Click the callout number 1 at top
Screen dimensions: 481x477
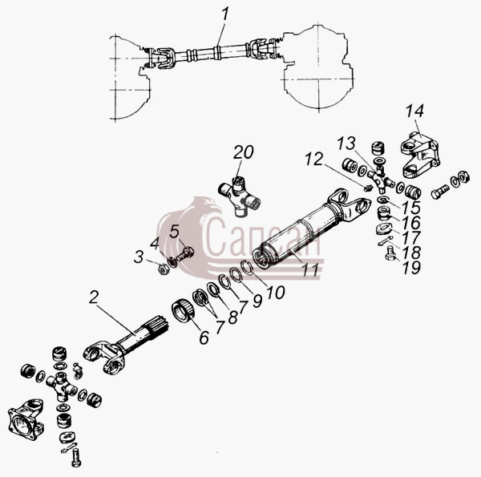(225, 14)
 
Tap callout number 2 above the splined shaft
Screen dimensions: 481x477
(94, 297)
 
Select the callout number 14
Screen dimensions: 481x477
(414, 111)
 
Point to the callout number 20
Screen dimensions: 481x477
(243, 152)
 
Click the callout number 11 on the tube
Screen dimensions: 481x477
(310, 270)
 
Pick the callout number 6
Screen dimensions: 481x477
(204, 338)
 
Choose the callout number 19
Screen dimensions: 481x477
(411, 268)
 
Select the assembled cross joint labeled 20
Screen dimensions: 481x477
(239, 196)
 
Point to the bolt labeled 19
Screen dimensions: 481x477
(389, 254)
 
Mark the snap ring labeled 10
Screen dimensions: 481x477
(247, 266)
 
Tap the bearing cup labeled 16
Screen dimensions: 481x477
(383, 213)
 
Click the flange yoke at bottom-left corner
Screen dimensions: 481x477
(26, 418)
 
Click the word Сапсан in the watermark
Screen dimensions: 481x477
(263, 236)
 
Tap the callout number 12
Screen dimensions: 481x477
(313, 159)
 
